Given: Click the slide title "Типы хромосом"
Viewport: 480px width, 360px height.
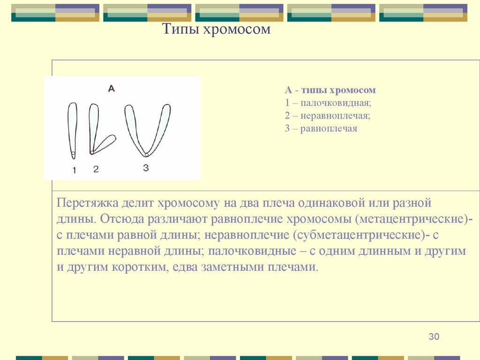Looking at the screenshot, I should point(217,30).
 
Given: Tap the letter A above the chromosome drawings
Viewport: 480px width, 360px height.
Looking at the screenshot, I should point(111,88).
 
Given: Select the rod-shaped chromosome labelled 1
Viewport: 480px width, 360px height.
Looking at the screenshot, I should point(72,129).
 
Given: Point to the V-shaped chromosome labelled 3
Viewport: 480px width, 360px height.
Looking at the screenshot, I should point(147,129).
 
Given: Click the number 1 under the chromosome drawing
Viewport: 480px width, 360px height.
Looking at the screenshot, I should point(74,171).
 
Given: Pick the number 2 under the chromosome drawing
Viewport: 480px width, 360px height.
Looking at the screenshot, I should point(96,169).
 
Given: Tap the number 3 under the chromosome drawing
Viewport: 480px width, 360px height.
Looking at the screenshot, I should point(146,168).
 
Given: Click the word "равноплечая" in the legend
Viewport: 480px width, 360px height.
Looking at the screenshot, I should point(329,128).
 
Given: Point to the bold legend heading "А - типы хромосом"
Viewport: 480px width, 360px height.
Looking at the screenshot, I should point(330,90).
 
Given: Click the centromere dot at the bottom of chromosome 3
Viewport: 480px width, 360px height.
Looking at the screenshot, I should point(146,154).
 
